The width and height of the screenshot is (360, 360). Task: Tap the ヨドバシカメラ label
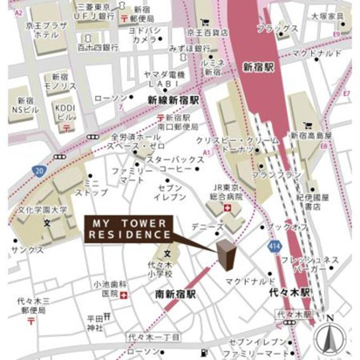click(x=144, y=34)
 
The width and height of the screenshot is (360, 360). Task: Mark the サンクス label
click(x=25, y=248)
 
